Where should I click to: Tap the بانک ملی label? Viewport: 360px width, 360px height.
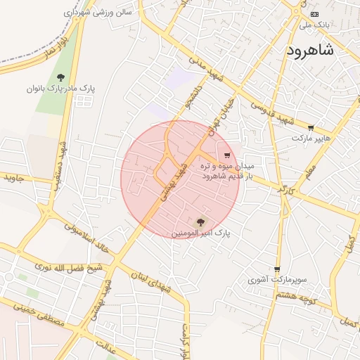(314, 25)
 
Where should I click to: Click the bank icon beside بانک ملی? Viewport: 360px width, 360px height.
(314, 14)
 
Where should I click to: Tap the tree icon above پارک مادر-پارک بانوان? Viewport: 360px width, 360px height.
(60, 77)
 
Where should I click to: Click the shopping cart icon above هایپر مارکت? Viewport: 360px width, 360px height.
(311, 128)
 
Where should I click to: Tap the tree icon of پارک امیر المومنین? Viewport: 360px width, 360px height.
(200, 221)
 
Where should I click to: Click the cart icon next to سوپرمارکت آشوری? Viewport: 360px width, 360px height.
(278, 269)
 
